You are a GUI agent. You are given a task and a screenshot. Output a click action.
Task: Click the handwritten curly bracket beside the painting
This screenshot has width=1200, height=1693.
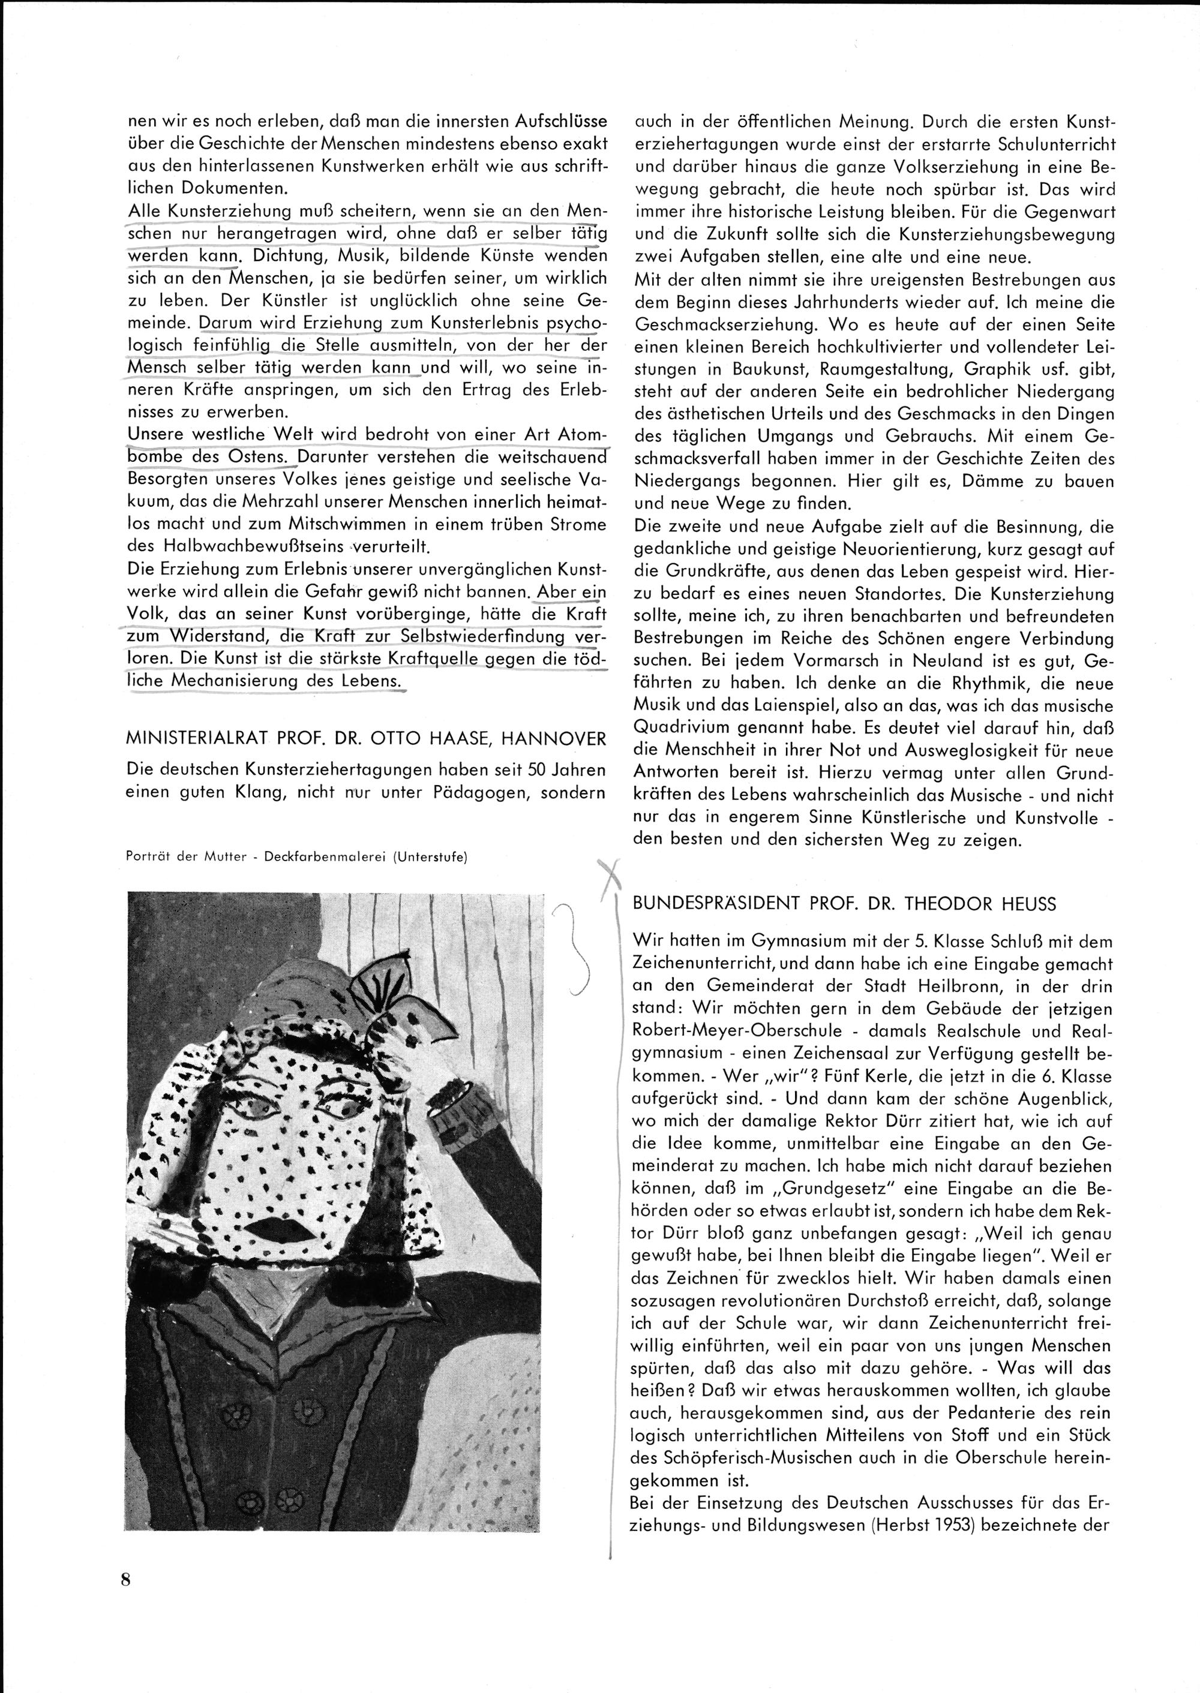coord(580,950)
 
